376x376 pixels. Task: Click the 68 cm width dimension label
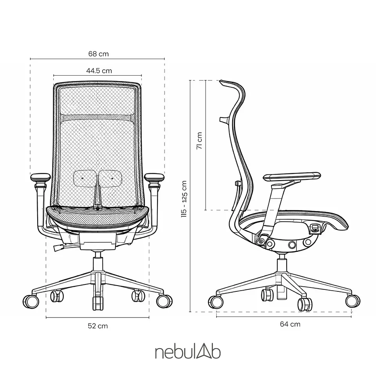coord(98,54)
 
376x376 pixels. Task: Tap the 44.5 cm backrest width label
coord(99,71)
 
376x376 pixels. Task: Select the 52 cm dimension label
coord(98,326)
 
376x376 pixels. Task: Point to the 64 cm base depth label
coord(290,324)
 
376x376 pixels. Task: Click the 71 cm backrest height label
coord(199,141)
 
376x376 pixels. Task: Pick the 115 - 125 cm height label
coord(184,199)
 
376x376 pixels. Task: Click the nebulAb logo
coord(188,352)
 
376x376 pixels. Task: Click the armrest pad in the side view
coord(292,176)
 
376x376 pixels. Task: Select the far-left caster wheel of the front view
coord(31,302)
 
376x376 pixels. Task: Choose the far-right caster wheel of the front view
coord(164,301)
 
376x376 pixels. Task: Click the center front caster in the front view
coord(98,303)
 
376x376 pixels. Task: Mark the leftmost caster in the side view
coord(215,302)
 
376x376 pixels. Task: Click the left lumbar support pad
coord(85,179)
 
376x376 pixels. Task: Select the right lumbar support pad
coord(110,179)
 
